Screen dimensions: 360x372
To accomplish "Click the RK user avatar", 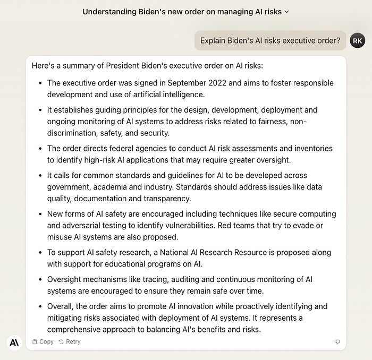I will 358,40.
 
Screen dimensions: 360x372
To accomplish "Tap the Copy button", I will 43,342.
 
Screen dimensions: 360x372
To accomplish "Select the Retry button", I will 70,342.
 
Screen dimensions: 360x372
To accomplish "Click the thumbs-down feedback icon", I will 337,342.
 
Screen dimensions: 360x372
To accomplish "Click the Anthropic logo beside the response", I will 14,342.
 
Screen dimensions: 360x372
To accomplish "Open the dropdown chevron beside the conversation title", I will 287,12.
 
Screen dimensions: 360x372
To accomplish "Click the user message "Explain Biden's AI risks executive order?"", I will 270,40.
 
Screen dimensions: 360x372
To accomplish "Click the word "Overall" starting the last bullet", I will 61,306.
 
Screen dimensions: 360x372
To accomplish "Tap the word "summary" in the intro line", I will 78,66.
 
